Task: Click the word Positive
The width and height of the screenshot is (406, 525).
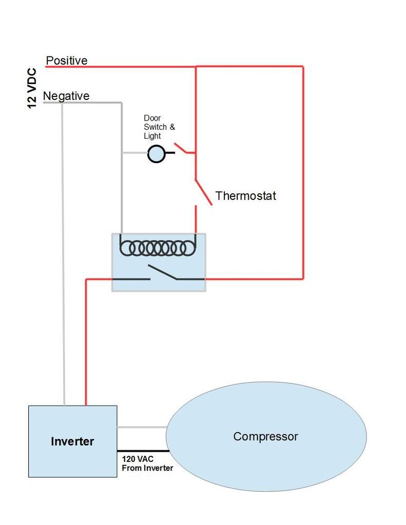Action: click(x=67, y=60)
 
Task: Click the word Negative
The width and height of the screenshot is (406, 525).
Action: click(x=66, y=96)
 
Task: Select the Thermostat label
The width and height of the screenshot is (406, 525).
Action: click(x=245, y=195)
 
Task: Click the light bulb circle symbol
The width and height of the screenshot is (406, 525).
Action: click(x=156, y=153)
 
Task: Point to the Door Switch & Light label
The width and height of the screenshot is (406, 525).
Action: click(x=159, y=127)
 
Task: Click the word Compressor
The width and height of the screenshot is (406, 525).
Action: click(x=265, y=436)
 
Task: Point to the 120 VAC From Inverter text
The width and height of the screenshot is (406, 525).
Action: click(x=147, y=463)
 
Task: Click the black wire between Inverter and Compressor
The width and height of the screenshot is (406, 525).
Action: click(x=142, y=451)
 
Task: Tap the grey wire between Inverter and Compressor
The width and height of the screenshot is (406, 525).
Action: click(x=142, y=427)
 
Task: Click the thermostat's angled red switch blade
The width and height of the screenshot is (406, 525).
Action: click(x=204, y=193)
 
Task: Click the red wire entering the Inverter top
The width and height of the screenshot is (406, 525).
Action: click(x=86, y=359)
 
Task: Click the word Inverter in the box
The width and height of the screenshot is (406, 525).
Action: click(x=72, y=441)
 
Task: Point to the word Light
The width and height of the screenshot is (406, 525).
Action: click(x=152, y=136)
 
